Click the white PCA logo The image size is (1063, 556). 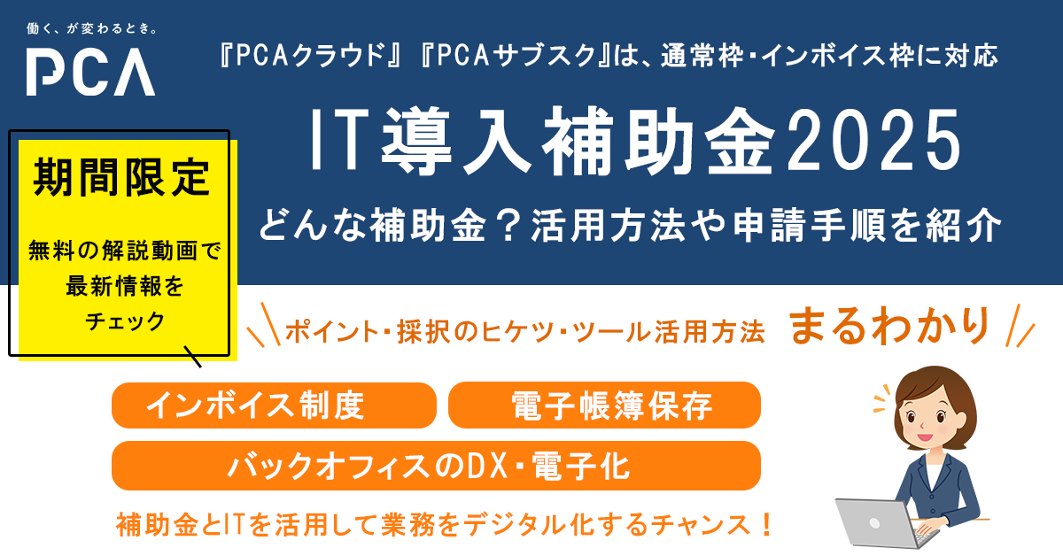(90, 72)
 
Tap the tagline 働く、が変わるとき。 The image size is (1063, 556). (91, 29)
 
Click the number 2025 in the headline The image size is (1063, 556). (873, 140)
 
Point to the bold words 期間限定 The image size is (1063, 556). (122, 177)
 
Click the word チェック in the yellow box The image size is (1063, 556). (125, 321)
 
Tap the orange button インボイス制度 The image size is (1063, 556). (274, 405)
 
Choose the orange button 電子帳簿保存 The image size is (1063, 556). (604, 405)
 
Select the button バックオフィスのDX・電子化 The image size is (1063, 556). (436, 466)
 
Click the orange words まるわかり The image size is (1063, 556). (888, 326)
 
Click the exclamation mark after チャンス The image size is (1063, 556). (766, 525)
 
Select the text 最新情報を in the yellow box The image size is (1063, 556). (124, 286)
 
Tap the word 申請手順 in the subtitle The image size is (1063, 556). (809, 225)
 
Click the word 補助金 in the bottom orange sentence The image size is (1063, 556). (157, 525)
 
